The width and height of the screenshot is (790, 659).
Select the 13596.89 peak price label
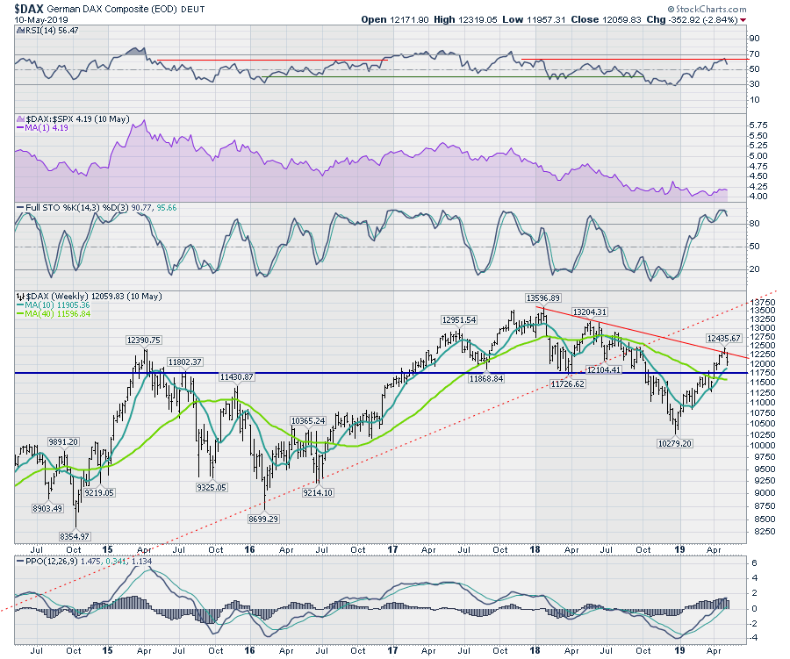pyautogui.click(x=543, y=297)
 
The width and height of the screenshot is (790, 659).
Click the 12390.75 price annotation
pyautogui.click(x=143, y=340)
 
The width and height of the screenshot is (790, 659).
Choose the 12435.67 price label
pyautogui.click(x=724, y=338)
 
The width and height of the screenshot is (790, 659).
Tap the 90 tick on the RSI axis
pyautogui.click(x=753, y=39)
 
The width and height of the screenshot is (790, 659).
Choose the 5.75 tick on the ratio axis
pyautogui.click(x=757, y=125)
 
